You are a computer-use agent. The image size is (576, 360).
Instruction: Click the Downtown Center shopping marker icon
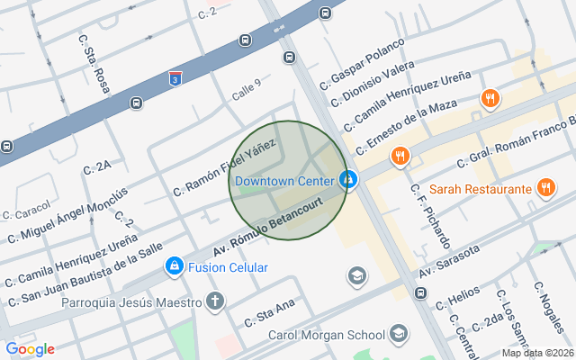(x=348, y=180)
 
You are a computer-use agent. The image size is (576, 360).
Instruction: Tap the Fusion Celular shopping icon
(x=174, y=267)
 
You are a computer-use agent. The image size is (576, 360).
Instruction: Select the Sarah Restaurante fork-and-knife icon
(x=544, y=189)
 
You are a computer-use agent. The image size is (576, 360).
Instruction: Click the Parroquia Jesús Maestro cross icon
(x=214, y=301)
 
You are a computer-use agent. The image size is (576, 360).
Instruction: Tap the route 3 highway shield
(x=175, y=78)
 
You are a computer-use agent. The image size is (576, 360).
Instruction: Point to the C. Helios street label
(x=458, y=299)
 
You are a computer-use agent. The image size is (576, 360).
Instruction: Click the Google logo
(x=30, y=349)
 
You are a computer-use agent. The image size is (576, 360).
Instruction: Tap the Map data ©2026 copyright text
(x=536, y=353)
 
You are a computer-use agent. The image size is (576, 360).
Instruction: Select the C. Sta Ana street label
(x=269, y=314)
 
